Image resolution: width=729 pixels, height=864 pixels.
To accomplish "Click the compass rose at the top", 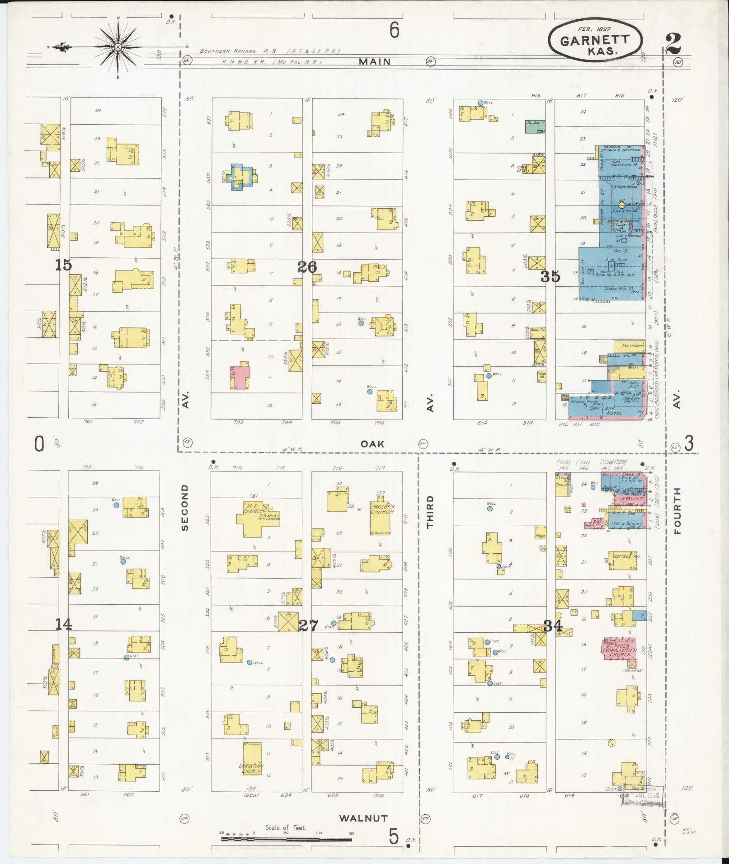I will coord(118,47).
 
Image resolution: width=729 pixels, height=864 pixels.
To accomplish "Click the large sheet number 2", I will coord(676,44).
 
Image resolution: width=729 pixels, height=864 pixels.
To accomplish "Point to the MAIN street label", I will coord(374,62).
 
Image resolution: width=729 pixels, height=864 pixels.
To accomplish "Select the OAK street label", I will coord(372,444).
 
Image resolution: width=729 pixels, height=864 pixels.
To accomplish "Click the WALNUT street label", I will coord(363,818).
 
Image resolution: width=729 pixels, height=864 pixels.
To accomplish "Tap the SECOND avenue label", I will coord(184,507).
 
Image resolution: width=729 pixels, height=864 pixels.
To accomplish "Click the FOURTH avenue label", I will coord(677,510).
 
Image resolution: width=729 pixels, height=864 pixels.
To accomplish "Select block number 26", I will coord(307,267).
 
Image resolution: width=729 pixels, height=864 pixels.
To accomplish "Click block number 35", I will coord(550,276).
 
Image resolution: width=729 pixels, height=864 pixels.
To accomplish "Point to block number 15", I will coord(63,265).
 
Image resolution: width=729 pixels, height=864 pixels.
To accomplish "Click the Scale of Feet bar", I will coord(286,839).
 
